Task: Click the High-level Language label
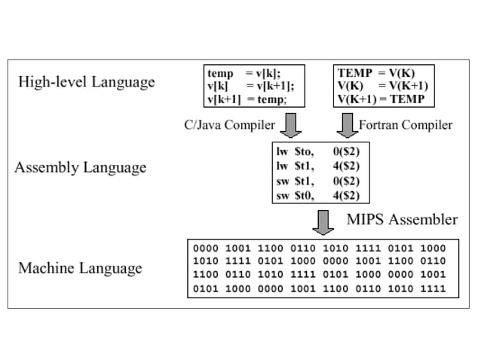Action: [x=87, y=81]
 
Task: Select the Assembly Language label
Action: [x=80, y=166]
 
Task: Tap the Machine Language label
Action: [x=80, y=268]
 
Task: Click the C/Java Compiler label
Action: [x=228, y=124]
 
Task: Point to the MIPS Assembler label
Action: [x=402, y=220]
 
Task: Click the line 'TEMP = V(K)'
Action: [x=375, y=73]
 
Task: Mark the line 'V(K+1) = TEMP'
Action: [x=381, y=99]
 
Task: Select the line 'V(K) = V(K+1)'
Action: [x=382, y=86]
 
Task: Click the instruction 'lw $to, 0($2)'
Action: [x=317, y=151]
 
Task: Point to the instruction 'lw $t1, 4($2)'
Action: [x=317, y=166]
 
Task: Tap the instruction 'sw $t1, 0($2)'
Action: [x=317, y=182]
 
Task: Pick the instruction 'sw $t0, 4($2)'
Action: [x=317, y=196]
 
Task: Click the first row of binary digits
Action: [x=320, y=248]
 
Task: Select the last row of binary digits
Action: [x=320, y=288]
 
